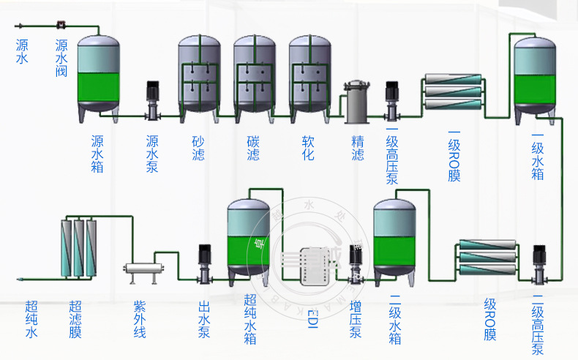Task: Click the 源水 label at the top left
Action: [x=22, y=51]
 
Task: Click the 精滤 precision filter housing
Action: [x=357, y=102]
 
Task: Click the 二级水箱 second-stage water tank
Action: [x=395, y=238]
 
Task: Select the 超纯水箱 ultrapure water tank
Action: [x=249, y=238]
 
